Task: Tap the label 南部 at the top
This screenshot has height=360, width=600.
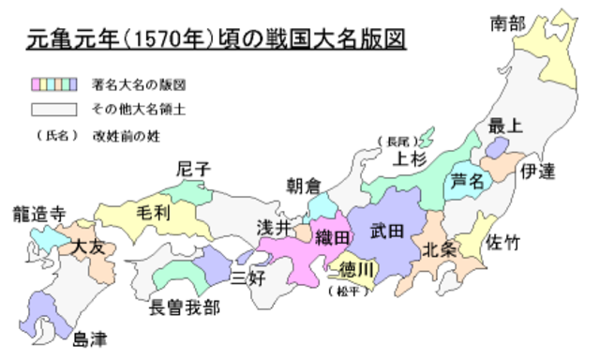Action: click(x=508, y=23)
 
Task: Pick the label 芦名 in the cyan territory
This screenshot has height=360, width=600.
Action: click(x=468, y=178)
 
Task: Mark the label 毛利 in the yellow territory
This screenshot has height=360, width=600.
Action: click(x=153, y=212)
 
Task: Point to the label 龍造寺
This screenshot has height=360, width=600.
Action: click(x=36, y=214)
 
